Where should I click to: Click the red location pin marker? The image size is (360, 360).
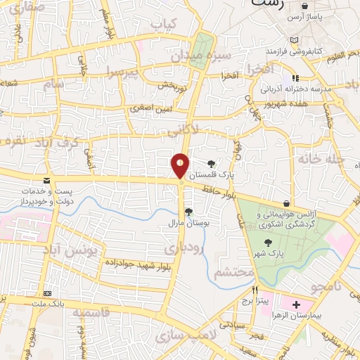181,165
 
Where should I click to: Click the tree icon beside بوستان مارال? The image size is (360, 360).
188,211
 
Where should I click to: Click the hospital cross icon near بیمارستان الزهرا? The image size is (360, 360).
296,305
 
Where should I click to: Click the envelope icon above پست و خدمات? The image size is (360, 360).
46,181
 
